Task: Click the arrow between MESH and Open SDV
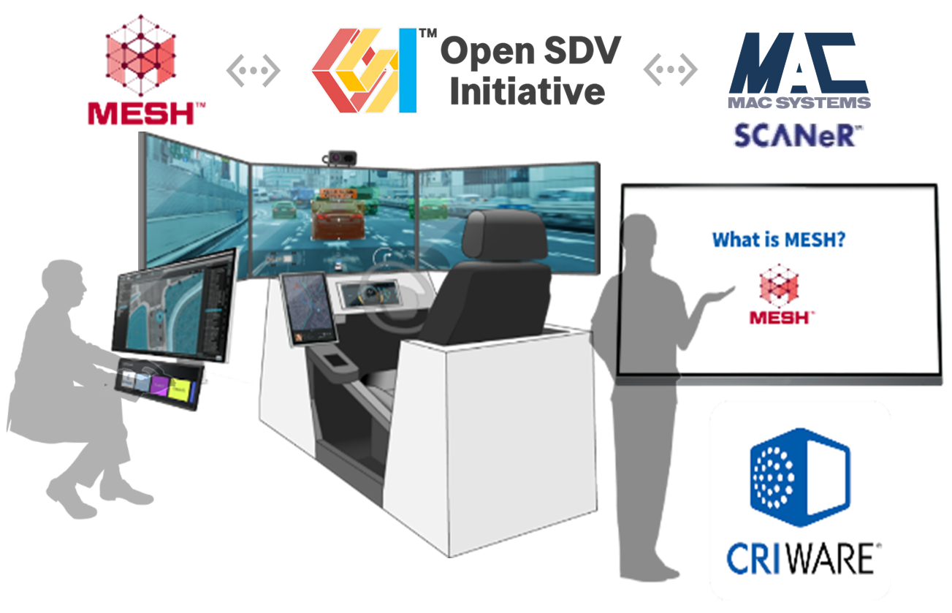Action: (x=253, y=70)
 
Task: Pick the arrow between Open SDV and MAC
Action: (x=669, y=69)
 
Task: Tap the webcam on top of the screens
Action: (x=340, y=156)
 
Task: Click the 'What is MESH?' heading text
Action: (x=778, y=240)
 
